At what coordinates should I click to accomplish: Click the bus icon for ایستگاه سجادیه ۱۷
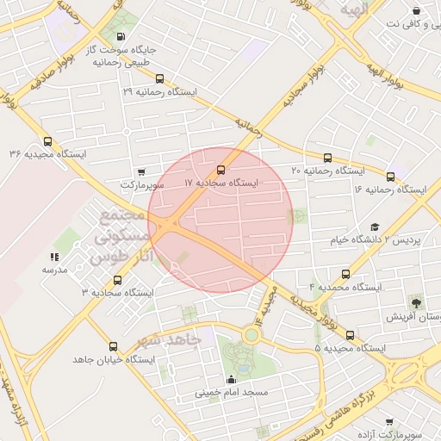coord(221,170)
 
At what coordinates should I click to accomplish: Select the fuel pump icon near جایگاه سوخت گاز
coord(119,37)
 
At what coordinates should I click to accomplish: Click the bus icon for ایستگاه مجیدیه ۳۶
coord(47,143)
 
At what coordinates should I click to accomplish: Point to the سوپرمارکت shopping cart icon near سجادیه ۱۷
coord(141,171)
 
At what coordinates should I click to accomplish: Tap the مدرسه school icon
coord(54,257)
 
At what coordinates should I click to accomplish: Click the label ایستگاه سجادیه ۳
coord(117,293)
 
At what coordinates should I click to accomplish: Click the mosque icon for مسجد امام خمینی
coord(230,379)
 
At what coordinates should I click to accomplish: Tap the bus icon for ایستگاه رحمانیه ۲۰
coord(327,158)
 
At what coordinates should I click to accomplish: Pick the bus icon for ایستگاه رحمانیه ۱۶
coord(390,177)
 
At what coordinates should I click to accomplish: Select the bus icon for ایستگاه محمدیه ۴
coord(345,272)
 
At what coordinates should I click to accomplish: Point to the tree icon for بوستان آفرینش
coord(417,302)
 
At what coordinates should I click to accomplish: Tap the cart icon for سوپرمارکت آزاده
coord(389,422)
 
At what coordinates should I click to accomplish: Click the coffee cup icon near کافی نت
coord(416,11)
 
